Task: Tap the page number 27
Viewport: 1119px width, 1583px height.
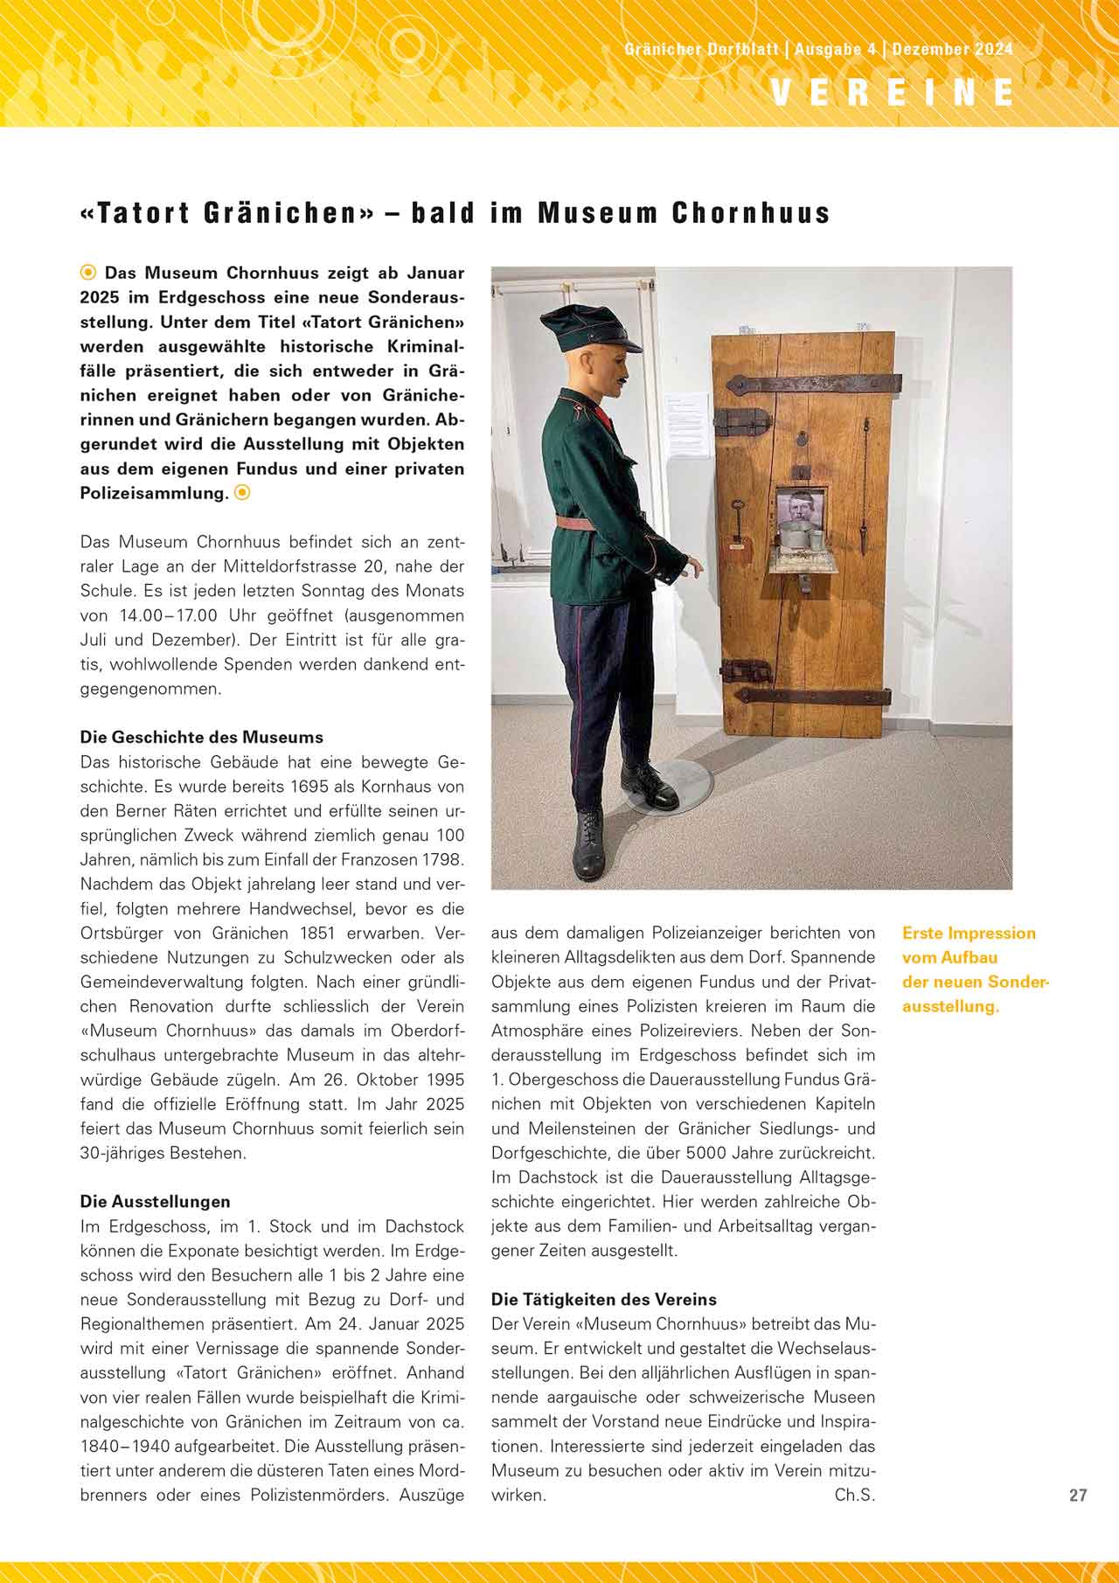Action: pyautogui.click(x=1078, y=1495)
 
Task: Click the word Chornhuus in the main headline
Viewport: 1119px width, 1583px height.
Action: pyautogui.click(x=750, y=213)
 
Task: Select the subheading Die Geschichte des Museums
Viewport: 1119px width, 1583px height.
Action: pyautogui.click(x=202, y=737)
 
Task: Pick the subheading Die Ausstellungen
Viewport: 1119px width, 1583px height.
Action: pyautogui.click(x=156, y=1201)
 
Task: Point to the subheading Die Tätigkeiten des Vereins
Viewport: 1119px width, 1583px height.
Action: pyautogui.click(x=604, y=1299)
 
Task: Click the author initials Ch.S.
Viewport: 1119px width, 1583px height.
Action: pyautogui.click(x=854, y=1495)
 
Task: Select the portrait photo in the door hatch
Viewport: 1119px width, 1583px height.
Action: pyautogui.click(x=798, y=507)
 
